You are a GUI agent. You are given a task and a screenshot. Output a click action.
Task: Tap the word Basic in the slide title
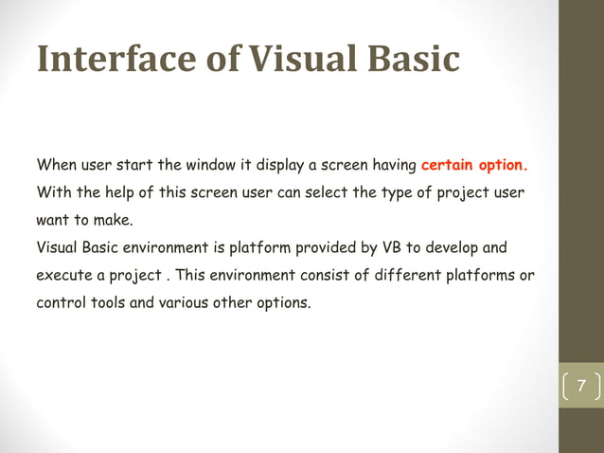(x=411, y=60)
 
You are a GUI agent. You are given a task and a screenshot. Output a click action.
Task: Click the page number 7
(x=581, y=387)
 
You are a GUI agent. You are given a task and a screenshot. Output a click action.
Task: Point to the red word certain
(x=448, y=165)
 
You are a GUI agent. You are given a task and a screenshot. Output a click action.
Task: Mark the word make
(x=114, y=221)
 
